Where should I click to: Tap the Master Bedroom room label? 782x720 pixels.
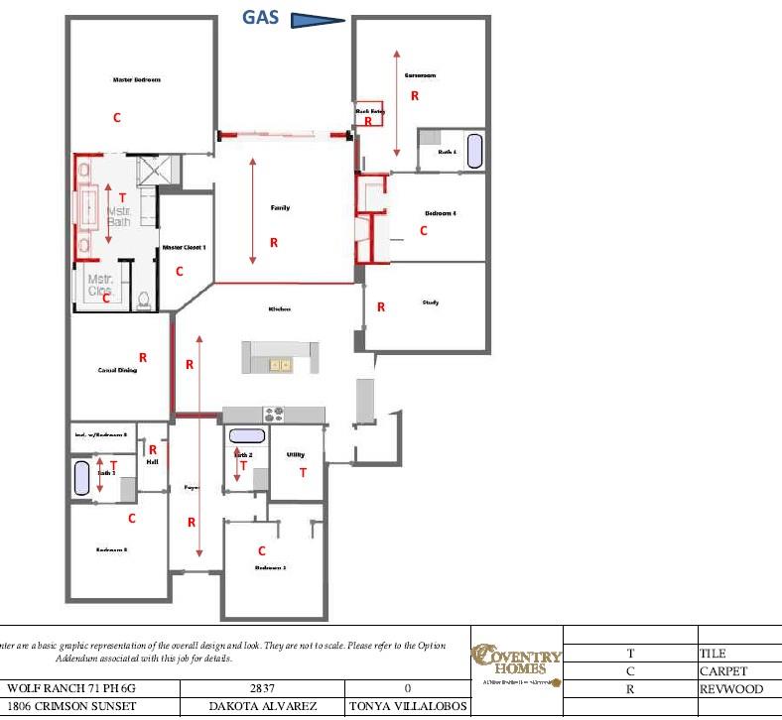coord(136,79)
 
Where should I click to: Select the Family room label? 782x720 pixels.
coord(280,208)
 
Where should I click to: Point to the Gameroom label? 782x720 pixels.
coord(420,75)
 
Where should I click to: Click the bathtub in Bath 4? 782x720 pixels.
coord(474,151)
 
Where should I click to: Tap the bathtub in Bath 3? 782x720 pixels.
coord(81,477)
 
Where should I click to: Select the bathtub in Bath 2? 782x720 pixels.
coord(247,435)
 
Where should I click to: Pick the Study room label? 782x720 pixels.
coord(430,302)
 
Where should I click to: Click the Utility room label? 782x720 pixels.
coord(295,455)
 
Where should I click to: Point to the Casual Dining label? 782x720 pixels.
coord(117,370)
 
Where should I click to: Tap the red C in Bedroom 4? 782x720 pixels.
coord(424,231)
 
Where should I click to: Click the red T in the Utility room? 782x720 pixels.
coord(304,473)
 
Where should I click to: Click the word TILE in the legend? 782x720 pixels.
coord(713,654)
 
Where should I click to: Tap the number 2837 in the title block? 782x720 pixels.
coord(262,688)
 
